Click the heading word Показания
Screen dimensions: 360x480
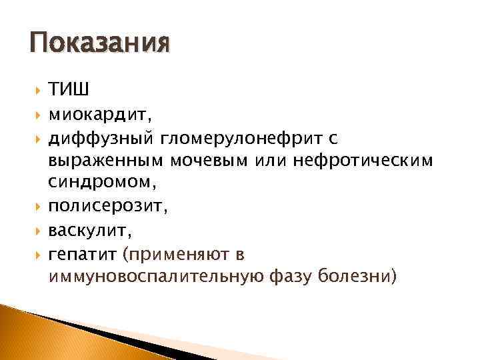pyautogui.click(x=100, y=45)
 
